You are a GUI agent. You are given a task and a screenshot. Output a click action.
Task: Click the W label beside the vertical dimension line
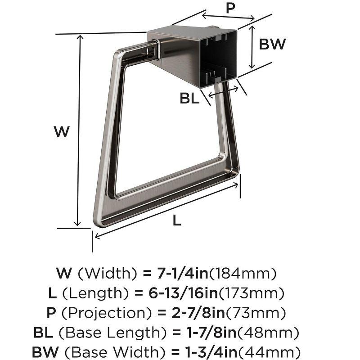[x=61, y=132]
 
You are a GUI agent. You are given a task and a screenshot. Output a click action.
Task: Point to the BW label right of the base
[x=273, y=44]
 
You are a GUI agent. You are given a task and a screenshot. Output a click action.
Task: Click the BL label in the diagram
[x=189, y=99]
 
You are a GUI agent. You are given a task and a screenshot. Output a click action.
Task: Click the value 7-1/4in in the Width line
[x=183, y=273]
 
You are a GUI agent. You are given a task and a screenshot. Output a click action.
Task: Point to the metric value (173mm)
[x=252, y=293]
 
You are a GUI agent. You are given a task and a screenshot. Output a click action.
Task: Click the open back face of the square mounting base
[x=220, y=54]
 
